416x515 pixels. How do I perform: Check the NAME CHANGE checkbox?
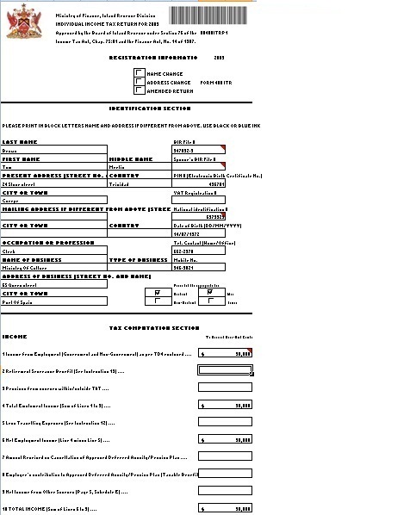tap(140, 74)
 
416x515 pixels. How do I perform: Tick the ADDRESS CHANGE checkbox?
tap(140, 82)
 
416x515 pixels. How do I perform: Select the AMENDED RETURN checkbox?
tap(140, 90)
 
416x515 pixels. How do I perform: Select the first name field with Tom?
tap(53, 167)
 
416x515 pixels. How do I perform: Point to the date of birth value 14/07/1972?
tap(199, 233)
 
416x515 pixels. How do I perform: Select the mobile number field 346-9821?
tap(199, 267)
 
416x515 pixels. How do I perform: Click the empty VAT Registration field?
tap(199, 201)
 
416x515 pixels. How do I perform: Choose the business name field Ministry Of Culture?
tap(53, 267)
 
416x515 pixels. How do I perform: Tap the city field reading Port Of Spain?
tap(53, 301)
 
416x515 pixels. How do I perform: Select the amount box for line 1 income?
tap(226, 353)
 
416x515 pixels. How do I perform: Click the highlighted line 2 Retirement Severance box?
tap(226, 370)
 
